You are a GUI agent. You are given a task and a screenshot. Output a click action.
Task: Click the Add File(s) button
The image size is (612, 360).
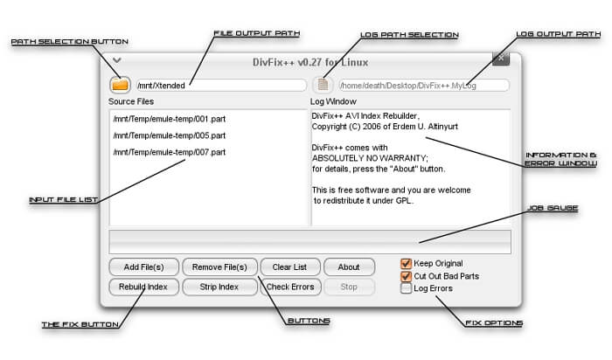pyautogui.click(x=143, y=267)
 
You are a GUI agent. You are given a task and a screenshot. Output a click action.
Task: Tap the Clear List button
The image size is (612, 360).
pyautogui.click(x=290, y=267)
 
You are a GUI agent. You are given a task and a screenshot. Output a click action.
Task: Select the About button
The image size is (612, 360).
pyautogui.click(x=349, y=267)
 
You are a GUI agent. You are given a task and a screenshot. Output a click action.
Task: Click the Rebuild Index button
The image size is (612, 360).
pyautogui.click(x=143, y=287)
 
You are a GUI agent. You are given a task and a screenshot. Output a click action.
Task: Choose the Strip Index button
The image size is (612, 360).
pyautogui.click(x=219, y=287)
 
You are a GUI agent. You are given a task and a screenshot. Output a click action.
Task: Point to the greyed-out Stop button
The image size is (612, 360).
pyautogui.click(x=349, y=287)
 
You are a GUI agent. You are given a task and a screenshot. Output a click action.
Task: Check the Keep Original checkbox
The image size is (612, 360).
pyautogui.click(x=406, y=264)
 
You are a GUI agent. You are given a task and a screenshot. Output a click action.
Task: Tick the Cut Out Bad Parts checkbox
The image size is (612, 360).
pyautogui.click(x=406, y=276)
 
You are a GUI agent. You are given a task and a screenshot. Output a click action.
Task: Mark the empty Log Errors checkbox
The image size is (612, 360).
pyautogui.click(x=406, y=288)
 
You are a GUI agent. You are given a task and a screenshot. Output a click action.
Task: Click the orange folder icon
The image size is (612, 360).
pyautogui.click(x=121, y=85)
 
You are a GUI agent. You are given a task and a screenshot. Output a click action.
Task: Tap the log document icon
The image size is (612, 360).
pyautogui.click(x=323, y=85)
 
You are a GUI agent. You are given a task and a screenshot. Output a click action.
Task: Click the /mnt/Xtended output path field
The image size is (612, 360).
pyautogui.click(x=221, y=86)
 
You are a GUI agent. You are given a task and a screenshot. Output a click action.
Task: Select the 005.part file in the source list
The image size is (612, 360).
pyautogui.click(x=170, y=135)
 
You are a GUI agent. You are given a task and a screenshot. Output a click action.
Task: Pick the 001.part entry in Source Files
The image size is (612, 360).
pyautogui.click(x=170, y=119)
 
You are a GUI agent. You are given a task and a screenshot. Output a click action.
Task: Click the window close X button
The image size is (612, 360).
pyautogui.click(x=501, y=59)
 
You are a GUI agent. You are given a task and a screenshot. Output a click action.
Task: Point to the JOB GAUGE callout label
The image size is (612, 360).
pyautogui.click(x=553, y=208)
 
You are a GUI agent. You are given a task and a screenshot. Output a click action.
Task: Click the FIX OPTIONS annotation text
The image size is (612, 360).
pyautogui.click(x=494, y=323)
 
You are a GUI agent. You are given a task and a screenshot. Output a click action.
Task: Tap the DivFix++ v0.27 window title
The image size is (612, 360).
pyautogui.click(x=310, y=62)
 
